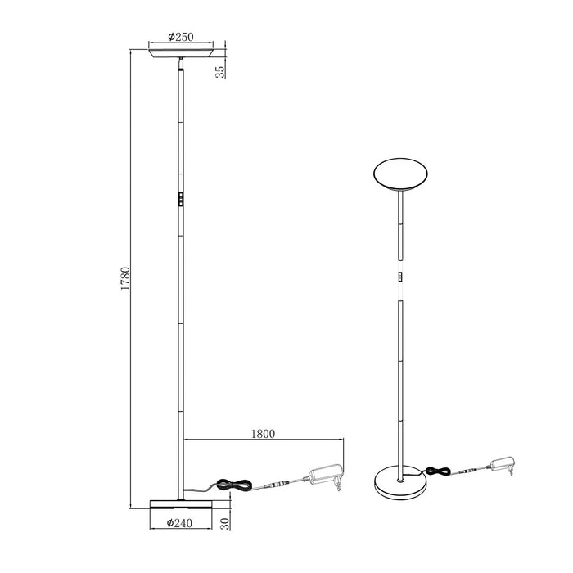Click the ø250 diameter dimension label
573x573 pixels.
[179, 37]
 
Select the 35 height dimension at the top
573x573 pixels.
[219, 71]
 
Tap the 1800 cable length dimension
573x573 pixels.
[264, 435]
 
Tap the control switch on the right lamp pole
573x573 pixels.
[401, 277]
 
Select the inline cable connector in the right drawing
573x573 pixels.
[470, 471]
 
